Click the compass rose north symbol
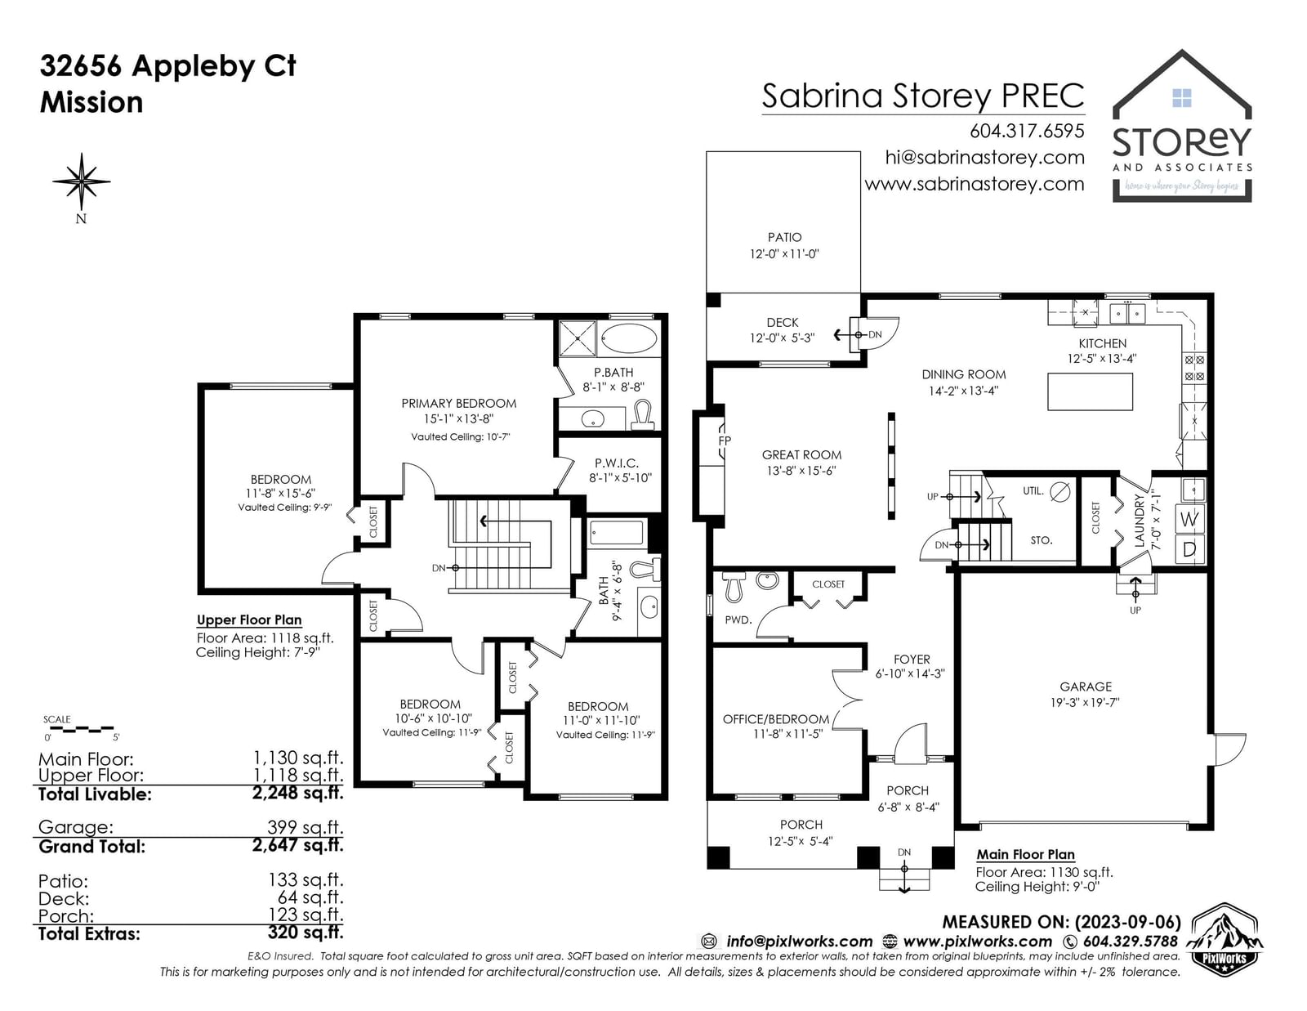[x=81, y=181]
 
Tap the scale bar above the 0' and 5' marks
[x=78, y=729]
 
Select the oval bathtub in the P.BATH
[x=628, y=339]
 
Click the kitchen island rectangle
[x=1090, y=391]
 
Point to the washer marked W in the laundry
[x=1189, y=519]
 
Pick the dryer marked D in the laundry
[x=1189, y=549]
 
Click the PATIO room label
[x=784, y=237]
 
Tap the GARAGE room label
[x=1085, y=686]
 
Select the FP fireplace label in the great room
[x=725, y=441]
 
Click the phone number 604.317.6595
[x=1027, y=131]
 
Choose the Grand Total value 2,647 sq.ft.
[x=297, y=846]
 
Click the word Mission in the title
[x=91, y=102]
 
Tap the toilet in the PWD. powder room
[x=734, y=586]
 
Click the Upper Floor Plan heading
[x=249, y=620]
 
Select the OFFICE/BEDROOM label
[x=775, y=719]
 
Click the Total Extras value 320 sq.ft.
[x=306, y=933]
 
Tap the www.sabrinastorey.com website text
[x=975, y=184]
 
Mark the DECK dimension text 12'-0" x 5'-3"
[x=782, y=338]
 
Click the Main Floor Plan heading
[x=1025, y=854]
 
